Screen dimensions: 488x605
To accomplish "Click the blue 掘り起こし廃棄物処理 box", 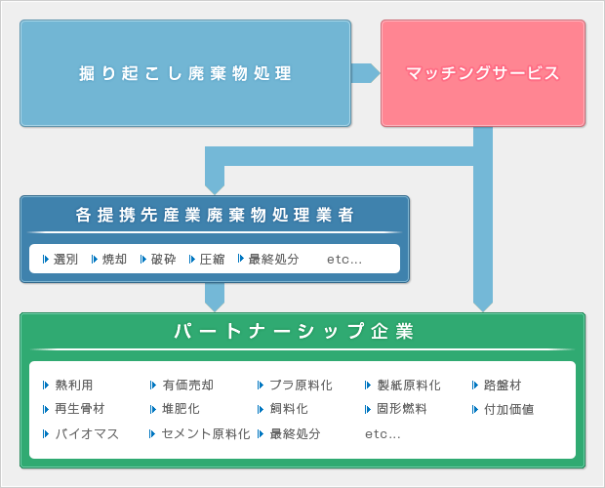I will [185, 73].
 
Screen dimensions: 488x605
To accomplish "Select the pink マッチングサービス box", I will [482, 73].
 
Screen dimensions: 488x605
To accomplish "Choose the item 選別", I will [65, 260].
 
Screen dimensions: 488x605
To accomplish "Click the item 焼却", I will [114, 260].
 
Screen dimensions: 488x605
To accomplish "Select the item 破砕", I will [163, 260].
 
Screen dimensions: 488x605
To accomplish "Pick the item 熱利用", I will [74, 386].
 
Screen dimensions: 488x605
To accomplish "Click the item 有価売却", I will [187, 386].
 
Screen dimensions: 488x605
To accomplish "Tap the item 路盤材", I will [503, 386].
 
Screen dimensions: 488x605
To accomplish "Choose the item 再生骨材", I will [80, 409].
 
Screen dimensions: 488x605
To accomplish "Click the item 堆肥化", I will [181, 409].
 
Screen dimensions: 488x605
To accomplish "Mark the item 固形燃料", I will [401, 409].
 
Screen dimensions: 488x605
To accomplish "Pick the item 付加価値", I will [508, 409].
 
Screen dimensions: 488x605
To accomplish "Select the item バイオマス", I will [87, 433].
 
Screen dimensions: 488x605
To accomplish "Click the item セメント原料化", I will [206, 433].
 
